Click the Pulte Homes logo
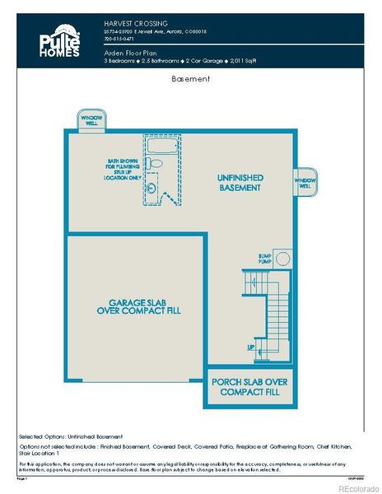[x=58, y=42]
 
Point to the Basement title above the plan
[x=191, y=80]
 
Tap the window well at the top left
[x=91, y=120]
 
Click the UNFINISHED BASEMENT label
[x=240, y=183]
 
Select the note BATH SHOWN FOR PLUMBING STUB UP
[x=122, y=169]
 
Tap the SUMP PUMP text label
[x=265, y=259]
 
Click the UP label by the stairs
[x=251, y=347]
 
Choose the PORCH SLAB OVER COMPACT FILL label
[x=249, y=387]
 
